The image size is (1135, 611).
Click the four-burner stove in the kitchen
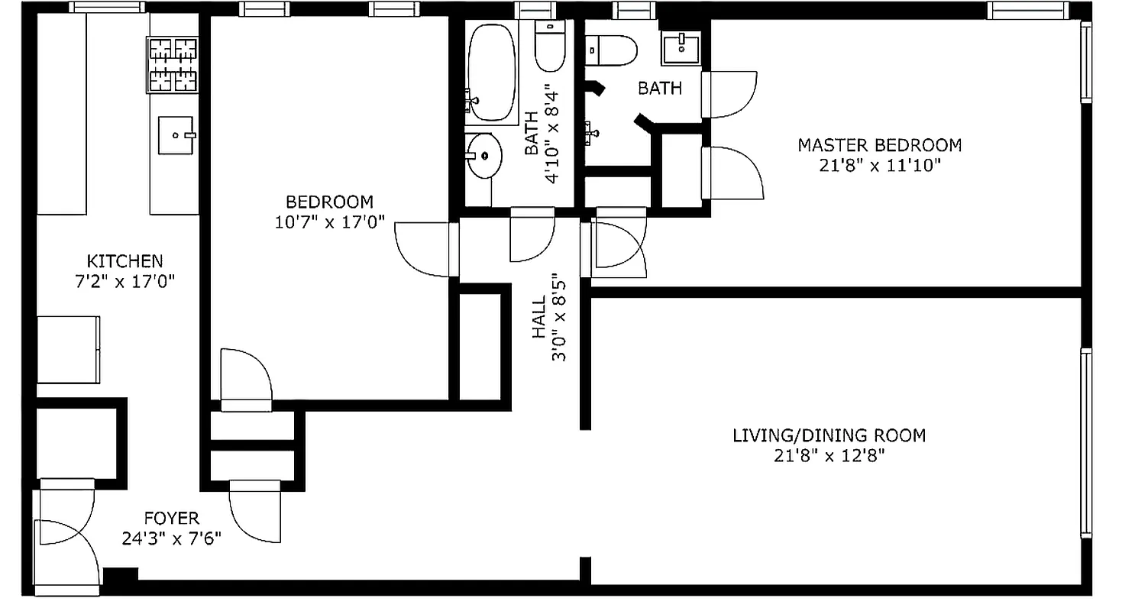pos(172,65)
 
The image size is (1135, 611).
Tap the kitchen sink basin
pos(176,136)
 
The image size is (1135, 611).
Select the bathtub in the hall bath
pos(493,73)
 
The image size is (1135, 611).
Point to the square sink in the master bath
pos(679,50)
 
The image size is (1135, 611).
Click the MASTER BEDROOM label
pos(879,145)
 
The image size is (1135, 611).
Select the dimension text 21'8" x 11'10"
pos(879,165)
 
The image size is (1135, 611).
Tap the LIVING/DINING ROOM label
pos(829,436)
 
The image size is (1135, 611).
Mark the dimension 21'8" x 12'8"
pos(829,457)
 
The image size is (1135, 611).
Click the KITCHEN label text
pos(124,261)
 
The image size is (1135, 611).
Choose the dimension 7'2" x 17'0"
pos(124,281)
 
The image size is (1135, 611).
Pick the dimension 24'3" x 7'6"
pos(171,539)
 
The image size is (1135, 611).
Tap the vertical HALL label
pos(540,318)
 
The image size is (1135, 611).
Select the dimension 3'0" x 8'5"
pos(559,318)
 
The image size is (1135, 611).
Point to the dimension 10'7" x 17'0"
pos(329,222)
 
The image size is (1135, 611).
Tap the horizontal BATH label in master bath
pos(660,89)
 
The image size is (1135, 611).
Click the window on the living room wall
pos(1085,443)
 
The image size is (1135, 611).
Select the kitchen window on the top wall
pos(106,8)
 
